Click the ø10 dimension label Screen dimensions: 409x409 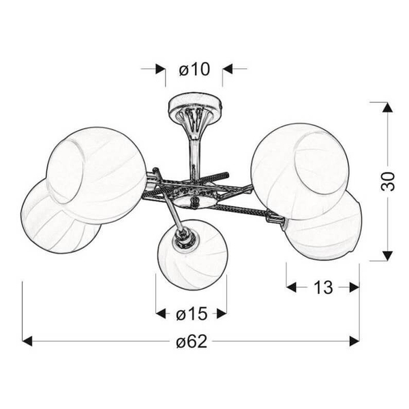[194, 70]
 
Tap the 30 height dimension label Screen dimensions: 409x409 [388, 181]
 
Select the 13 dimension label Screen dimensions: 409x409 [323, 287]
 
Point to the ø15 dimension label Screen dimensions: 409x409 [192, 314]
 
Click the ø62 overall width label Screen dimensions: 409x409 [192, 342]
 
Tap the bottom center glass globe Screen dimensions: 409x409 [192, 254]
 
